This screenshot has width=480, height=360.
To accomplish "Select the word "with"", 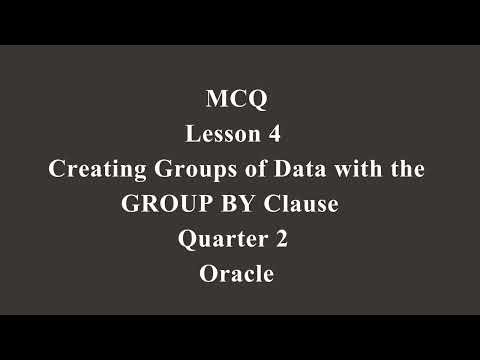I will [347, 169].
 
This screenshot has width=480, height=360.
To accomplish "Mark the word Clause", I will [302, 204].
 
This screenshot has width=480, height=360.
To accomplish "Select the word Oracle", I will [237, 274].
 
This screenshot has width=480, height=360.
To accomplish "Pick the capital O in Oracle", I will [207, 274].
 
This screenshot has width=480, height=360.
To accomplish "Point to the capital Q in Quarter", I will [186, 239].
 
